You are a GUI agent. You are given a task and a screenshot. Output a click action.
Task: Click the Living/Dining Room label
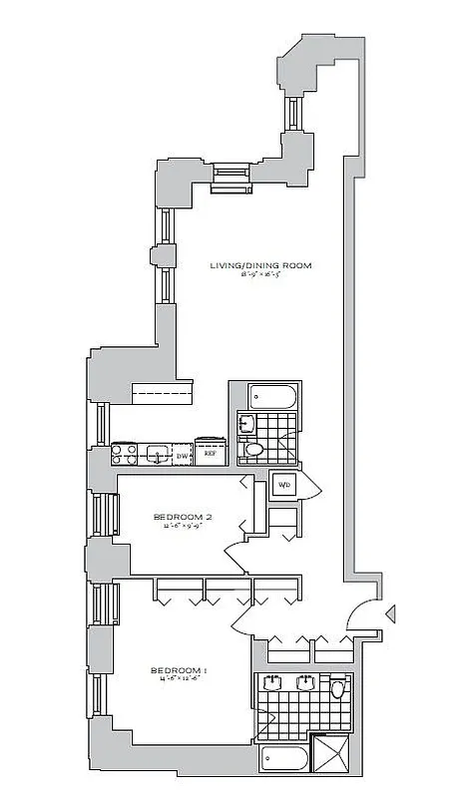coord(260,265)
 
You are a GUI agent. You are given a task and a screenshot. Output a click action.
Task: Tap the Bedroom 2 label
coord(183,517)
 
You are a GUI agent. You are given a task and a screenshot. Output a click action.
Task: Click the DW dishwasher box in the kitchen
coord(183,456)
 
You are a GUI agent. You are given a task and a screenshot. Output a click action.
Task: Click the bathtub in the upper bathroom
coord(271,397)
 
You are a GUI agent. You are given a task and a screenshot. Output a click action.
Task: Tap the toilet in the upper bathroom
coord(254,451)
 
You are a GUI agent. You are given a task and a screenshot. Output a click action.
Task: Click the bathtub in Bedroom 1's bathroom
coord(284,760)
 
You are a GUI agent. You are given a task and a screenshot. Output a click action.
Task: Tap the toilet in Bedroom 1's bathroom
coord(338,689)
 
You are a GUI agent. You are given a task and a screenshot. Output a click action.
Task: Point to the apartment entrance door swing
coord(366,616)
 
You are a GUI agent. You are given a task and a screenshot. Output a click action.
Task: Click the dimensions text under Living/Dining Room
coord(260,276)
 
